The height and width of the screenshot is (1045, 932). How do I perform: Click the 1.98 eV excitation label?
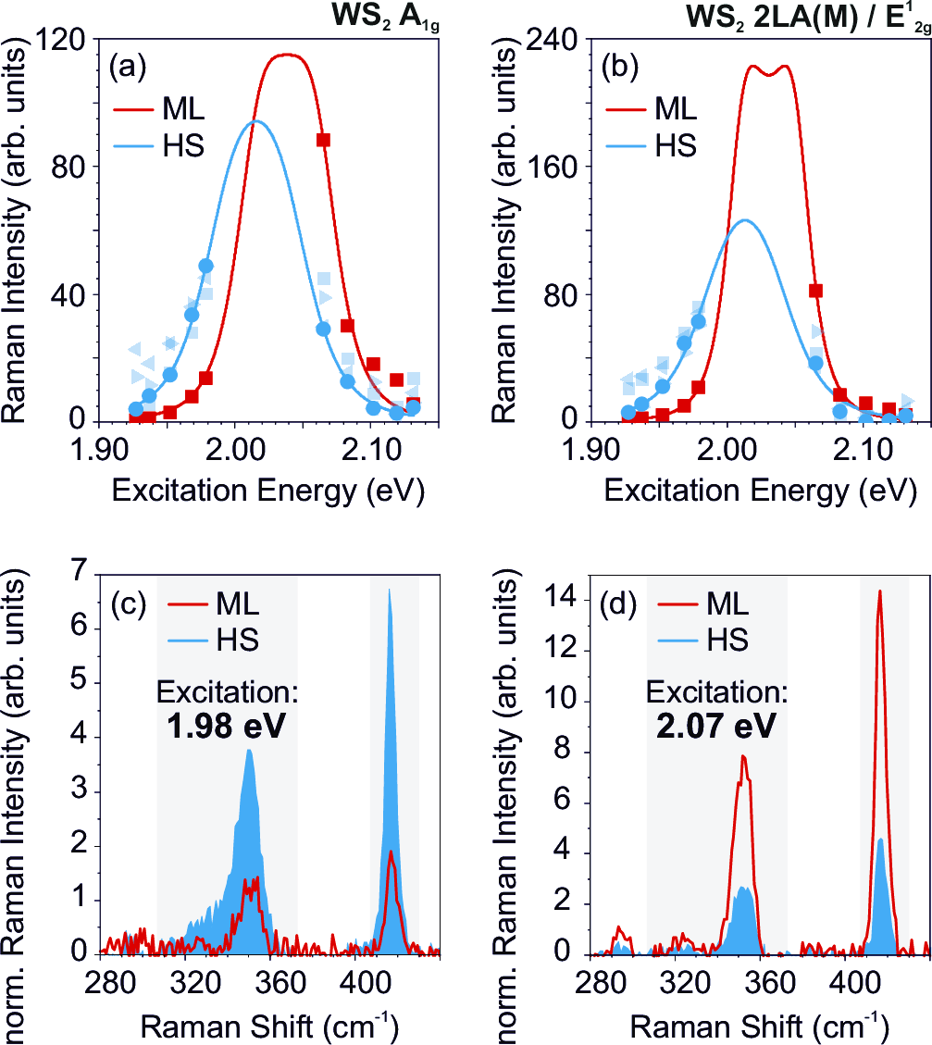pos(227,728)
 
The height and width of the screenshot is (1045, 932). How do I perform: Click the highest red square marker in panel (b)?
pos(815,291)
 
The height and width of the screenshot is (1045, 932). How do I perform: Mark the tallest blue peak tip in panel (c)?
pos(390,591)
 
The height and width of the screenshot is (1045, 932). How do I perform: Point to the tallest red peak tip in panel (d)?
pos(879,591)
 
